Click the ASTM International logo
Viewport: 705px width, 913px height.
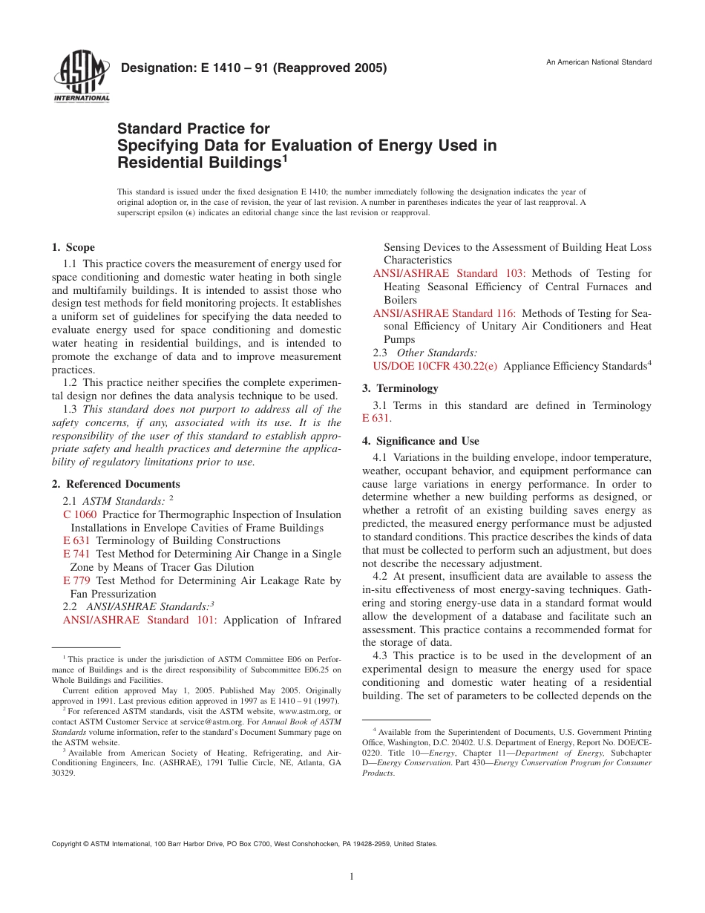point(81,78)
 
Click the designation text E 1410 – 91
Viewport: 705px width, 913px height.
point(253,69)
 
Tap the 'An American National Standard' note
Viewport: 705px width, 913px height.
point(599,62)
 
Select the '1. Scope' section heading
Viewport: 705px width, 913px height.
point(73,247)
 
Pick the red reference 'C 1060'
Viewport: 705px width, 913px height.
point(79,514)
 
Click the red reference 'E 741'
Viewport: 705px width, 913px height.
point(76,554)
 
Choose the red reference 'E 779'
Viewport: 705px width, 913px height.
point(76,580)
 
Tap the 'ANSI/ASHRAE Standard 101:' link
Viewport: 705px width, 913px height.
point(140,620)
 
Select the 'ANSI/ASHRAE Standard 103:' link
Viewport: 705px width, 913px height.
point(450,274)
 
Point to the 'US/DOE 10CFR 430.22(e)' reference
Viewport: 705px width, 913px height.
point(435,366)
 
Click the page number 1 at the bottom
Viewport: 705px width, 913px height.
point(352,877)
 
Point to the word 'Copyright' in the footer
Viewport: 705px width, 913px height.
point(67,844)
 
